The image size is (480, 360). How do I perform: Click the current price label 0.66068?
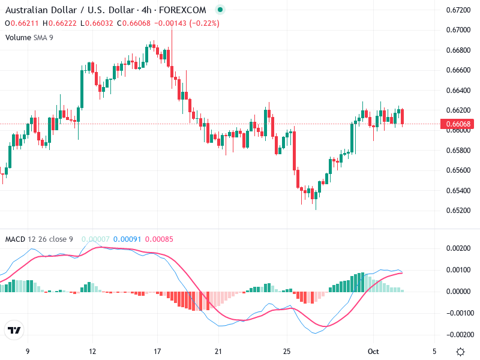tap(459, 124)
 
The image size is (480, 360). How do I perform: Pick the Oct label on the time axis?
tap(373, 351)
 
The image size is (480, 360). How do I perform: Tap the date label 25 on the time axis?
tap(287, 351)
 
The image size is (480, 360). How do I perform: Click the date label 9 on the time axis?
tap(28, 351)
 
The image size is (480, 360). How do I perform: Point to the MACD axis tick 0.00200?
tap(459, 248)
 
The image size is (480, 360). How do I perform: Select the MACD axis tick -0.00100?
tap(458, 313)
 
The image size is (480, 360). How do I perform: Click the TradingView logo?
tap(14, 331)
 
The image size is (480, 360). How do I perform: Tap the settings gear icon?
tap(460, 352)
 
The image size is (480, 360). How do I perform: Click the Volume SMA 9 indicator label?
tap(29, 37)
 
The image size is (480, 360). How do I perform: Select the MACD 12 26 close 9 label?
tap(39, 239)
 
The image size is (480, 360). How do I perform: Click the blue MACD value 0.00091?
tap(127, 239)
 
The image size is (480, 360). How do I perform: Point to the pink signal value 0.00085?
tap(159, 239)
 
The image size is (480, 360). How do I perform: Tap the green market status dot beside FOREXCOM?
tap(220, 10)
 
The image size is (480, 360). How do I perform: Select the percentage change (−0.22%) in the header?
tap(205, 23)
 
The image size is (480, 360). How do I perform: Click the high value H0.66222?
tap(59, 23)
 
